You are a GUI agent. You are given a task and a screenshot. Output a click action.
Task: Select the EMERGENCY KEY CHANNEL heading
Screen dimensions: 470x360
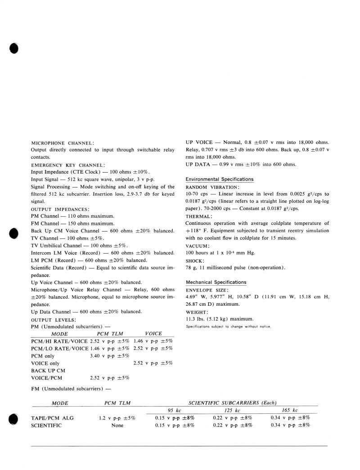68,165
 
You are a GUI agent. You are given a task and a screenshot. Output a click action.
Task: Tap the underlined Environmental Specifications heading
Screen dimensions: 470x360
219,179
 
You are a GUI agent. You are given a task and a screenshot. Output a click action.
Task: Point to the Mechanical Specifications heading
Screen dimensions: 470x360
216,282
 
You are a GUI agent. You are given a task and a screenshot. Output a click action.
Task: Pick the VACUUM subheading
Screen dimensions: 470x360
198,246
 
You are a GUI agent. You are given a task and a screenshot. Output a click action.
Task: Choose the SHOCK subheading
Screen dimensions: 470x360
195,260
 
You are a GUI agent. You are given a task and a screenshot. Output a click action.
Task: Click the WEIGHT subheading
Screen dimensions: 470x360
197,312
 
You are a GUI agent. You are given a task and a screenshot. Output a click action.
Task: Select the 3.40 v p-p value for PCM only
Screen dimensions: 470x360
110,356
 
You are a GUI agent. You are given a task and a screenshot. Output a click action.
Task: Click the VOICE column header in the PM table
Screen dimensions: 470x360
153,334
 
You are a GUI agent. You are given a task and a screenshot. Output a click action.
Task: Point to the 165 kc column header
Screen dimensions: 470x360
289,410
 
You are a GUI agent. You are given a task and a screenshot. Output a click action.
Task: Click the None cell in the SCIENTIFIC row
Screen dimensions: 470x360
117,425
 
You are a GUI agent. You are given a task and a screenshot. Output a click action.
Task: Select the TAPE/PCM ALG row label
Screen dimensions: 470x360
52,418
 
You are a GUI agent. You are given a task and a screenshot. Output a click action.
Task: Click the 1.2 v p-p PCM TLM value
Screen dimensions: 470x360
117,418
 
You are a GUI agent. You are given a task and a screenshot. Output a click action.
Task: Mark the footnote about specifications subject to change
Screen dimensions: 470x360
228,326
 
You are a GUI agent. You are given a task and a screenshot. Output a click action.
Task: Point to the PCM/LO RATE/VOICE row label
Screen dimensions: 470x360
59,349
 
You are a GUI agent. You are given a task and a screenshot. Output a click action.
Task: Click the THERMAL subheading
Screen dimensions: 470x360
198,216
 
